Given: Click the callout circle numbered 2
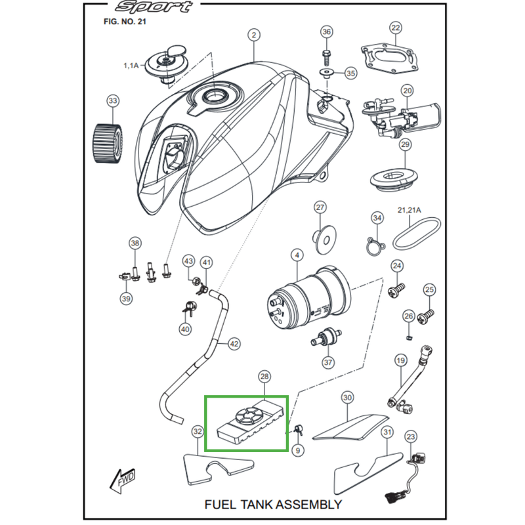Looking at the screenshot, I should pyautogui.click(x=255, y=35).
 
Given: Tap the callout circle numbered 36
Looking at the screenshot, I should pyautogui.click(x=327, y=32).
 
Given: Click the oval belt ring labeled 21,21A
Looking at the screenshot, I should pyautogui.click(x=411, y=235).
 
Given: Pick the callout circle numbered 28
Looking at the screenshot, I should pyautogui.click(x=265, y=377).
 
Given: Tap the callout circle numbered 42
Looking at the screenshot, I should pyautogui.click(x=234, y=343).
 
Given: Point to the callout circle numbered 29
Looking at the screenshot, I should pyautogui.click(x=405, y=145).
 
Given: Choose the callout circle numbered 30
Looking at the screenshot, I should pyautogui.click(x=347, y=398).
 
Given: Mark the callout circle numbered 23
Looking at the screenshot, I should pyautogui.click(x=411, y=436).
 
